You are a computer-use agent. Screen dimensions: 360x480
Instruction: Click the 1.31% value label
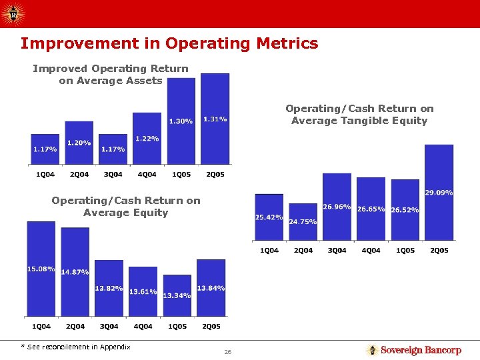click(215, 119)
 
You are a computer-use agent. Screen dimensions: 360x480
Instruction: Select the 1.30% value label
click(181, 121)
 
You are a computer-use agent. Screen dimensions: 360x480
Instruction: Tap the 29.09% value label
click(439, 193)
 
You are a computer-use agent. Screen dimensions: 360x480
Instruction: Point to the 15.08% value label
click(41, 269)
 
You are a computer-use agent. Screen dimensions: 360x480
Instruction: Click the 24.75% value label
click(303, 221)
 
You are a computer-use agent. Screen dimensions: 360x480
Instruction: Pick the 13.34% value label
click(177, 295)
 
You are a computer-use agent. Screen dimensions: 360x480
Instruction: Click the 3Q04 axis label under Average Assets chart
click(113, 175)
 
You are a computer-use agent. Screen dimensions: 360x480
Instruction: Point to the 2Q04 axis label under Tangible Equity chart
click(303, 250)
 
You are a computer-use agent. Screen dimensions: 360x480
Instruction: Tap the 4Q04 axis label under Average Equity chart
click(143, 327)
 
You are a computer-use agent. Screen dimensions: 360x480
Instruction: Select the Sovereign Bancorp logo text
click(421, 350)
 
